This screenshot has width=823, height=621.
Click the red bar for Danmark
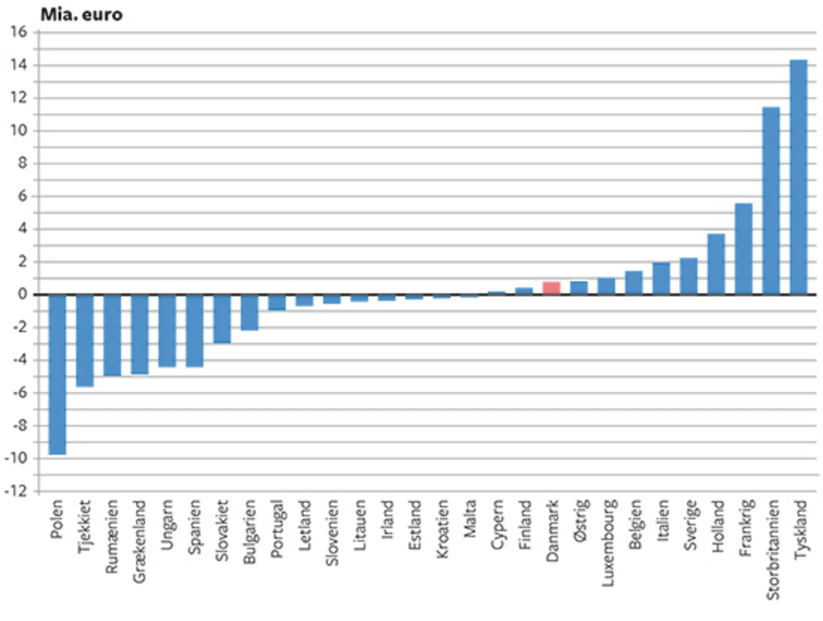tap(551, 288)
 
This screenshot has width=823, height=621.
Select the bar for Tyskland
tap(799, 177)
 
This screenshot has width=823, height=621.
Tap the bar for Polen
tap(57, 374)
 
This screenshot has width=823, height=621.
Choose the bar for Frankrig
tap(744, 249)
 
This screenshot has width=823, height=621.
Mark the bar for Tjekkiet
tap(85, 341)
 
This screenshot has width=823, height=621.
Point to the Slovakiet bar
tap(222, 319)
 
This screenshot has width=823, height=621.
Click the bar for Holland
tap(716, 264)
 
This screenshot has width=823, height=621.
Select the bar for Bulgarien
tap(250, 312)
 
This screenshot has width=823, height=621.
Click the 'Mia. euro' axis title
tap(81, 15)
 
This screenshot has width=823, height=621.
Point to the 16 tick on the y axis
tap(19, 32)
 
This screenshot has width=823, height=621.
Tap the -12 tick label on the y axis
tap(16, 491)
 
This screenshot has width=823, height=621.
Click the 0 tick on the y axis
tap(23, 294)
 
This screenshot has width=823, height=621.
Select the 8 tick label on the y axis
tap(23, 163)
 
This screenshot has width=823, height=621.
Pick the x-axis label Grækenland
tap(139, 541)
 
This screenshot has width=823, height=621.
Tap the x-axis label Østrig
tap(580, 520)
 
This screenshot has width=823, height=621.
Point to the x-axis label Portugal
tap(277, 528)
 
